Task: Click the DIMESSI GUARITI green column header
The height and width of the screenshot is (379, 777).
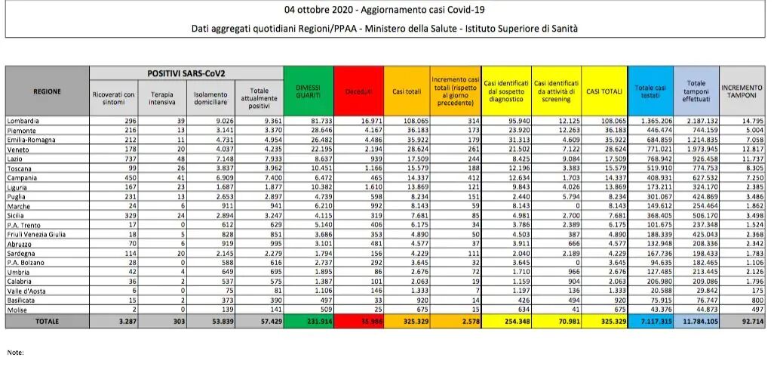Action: click(x=307, y=91)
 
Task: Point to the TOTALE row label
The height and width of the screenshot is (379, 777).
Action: click(x=46, y=320)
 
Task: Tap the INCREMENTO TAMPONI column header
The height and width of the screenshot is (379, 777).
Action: click(x=742, y=91)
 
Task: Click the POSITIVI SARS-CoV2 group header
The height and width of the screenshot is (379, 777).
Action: click(x=186, y=73)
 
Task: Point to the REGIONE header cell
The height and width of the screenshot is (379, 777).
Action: click(x=47, y=91)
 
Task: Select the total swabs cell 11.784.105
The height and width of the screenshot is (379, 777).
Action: click(x=696, y=320)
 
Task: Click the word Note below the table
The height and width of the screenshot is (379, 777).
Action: click(x=15, y=352)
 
